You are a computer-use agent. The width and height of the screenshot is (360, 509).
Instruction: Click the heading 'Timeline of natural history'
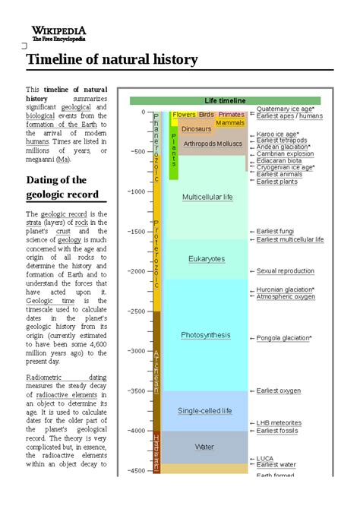[112, 60]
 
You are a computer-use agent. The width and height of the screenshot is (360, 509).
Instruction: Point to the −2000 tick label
[134, 271]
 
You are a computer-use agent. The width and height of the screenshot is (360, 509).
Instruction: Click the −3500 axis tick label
[134, 390]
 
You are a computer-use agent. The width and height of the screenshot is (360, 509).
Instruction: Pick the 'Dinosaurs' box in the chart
[196, 129]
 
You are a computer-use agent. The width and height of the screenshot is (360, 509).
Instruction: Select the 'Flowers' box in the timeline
[184, 115]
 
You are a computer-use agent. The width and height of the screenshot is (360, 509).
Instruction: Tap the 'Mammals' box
[229, 122]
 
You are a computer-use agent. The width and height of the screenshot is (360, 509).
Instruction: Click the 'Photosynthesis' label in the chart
[207, 335]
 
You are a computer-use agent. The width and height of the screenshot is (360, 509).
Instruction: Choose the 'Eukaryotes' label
[207, 259]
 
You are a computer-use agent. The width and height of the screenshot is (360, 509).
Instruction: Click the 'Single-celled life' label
[205, 411]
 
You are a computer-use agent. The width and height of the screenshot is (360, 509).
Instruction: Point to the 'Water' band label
[204, 447]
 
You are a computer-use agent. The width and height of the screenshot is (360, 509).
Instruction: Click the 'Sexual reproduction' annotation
[285, 271]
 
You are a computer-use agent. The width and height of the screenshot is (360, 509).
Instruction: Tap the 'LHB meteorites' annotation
[278, 423]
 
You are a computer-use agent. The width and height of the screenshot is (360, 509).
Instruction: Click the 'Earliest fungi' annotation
[275, 231]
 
